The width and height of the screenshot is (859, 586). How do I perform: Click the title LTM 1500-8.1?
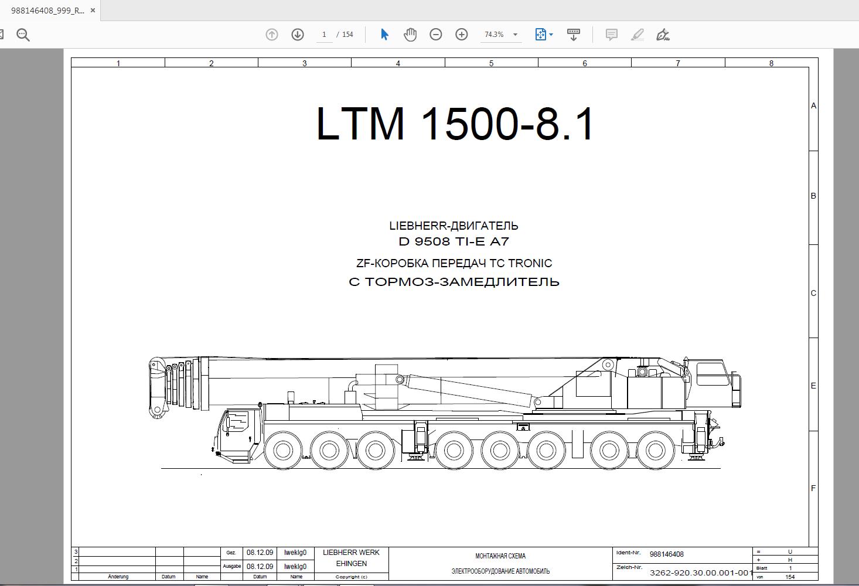coord(455,124)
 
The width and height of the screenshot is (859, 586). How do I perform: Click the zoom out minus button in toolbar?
coord(435,35)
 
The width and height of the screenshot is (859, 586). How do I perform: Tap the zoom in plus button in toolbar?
coord(462,35)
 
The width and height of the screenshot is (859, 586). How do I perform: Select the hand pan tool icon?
coord(410,35)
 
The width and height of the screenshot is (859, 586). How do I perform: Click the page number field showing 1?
coord(324,35)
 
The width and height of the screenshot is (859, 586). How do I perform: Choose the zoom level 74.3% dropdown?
coord(500,35)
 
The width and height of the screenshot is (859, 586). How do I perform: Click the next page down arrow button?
coord(298,35)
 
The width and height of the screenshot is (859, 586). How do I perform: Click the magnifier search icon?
coord(23,35)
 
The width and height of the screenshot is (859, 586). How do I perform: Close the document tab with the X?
coord(93,10)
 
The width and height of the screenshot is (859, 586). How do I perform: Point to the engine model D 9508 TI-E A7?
coord(454,241)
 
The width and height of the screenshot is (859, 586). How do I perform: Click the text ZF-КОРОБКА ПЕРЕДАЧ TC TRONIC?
coord(454,263)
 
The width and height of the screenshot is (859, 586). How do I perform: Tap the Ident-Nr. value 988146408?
coord(666,554)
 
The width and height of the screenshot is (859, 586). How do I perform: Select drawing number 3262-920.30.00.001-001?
coord(701,573)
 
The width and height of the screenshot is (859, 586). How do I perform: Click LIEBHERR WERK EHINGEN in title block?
coord(351,558)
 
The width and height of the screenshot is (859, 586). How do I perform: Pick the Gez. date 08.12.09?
coord(260,553)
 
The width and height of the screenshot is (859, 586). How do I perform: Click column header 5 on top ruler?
coord(491,63)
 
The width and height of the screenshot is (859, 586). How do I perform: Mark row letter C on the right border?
coord(813,293)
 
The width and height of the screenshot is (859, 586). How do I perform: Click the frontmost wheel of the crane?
coord(282,451)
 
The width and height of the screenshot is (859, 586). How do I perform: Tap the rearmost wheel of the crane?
coord(655,451)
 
